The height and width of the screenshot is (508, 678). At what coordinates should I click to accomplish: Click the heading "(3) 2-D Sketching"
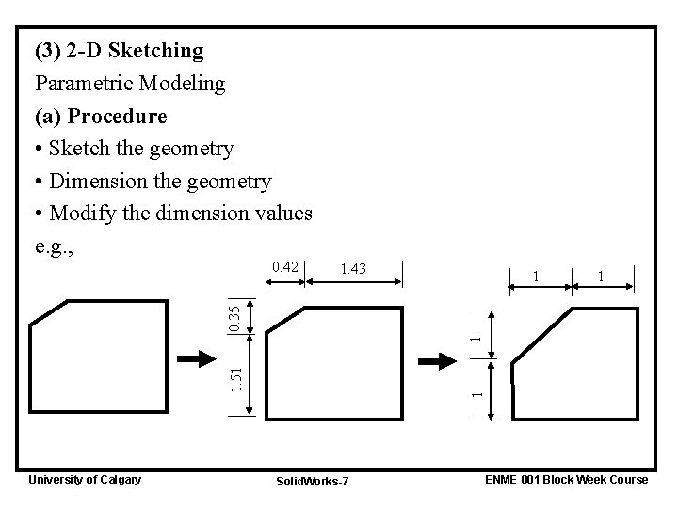click(119, 49)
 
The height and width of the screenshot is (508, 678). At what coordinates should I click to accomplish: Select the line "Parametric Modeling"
click(130, 83)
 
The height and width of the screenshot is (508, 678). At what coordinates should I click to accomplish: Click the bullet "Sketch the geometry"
click(141, 149)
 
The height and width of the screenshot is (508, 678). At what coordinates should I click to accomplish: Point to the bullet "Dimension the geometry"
click(160, 181)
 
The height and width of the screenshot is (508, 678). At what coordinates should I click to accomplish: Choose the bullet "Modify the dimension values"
click(180, 214)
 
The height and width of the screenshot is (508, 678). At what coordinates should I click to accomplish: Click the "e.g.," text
click(56, 246)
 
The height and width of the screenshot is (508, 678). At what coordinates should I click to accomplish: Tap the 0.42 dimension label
click(284, 268)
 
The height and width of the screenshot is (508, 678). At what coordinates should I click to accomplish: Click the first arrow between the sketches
click(196, 358)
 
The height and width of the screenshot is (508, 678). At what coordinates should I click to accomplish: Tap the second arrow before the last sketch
click(436, 360)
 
